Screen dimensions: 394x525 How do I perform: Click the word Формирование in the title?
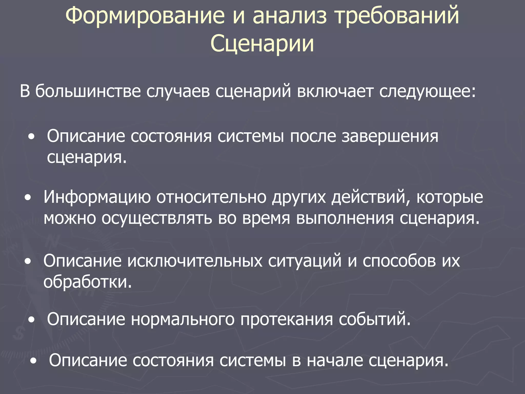pos(145,16)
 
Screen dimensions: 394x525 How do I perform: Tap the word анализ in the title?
pos(290,16)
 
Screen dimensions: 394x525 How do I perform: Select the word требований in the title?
pos(397,16)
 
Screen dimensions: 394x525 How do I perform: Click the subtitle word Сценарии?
pos(262,44)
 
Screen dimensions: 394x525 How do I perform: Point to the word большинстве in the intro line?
pos(88,91)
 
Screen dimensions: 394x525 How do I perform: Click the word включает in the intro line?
pos(335,91)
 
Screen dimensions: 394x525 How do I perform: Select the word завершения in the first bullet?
pos(390,136)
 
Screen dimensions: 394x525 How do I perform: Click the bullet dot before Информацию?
pos(28,198)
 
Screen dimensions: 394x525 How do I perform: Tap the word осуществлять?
pos(157,218)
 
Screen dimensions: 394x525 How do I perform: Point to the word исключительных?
pos(195,261)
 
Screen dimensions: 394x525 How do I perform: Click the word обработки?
pos(87,282)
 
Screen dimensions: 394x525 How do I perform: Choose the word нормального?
pos(183,320)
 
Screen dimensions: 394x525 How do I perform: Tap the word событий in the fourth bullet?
pos(374,320)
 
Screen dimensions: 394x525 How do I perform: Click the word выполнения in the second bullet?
pos(345,218)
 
